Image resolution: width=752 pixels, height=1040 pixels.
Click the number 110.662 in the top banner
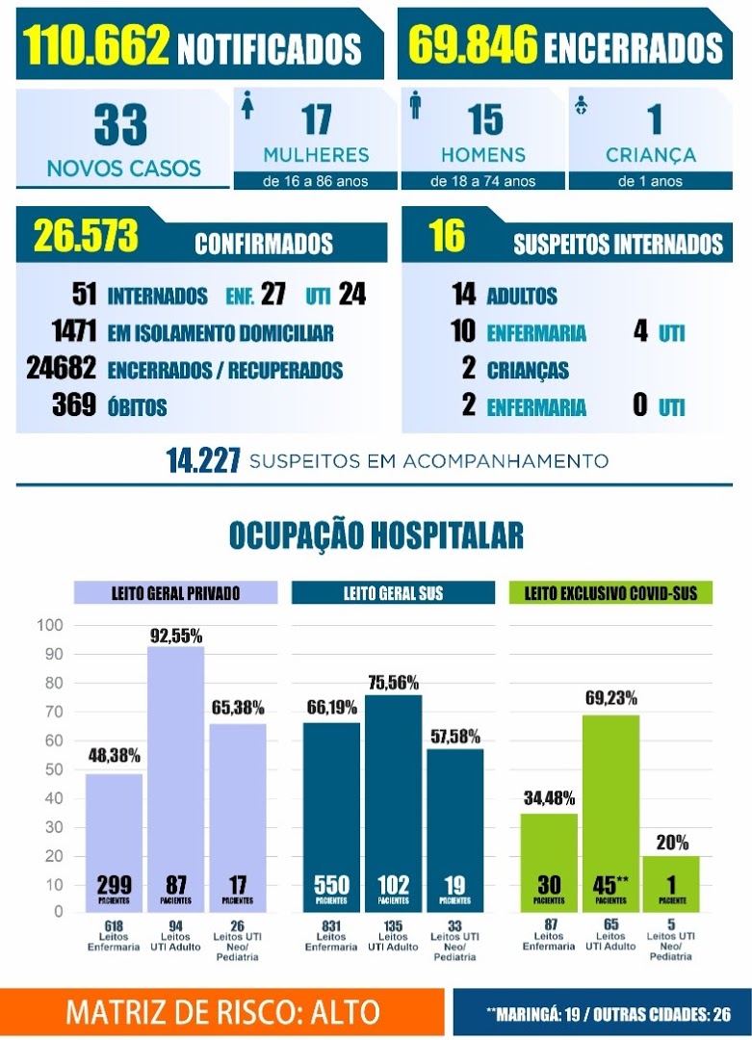tap(96, 45)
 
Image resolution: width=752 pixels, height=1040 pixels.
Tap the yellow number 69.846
tap(473, 44)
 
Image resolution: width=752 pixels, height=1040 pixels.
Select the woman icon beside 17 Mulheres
tap(248, 105)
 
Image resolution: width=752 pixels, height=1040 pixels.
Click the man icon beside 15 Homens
tap(416, 105)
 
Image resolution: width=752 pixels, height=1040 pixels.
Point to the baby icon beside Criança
tap(582, 105)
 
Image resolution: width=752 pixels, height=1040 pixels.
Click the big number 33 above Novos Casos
tap(120, 124)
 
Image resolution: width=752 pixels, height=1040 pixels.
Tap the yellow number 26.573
tap(86, 235)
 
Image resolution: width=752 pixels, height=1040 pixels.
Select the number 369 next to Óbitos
tap(74, 404)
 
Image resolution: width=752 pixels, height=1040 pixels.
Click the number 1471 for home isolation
tap(74, 330)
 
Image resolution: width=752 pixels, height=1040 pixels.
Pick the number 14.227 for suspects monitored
tap(203, 461)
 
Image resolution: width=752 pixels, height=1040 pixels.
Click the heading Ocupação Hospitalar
tap(376, 536)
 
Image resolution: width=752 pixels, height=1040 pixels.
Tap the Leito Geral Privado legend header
tap(176, 592)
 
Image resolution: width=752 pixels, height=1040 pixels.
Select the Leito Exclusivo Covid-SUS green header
tap(610, 592)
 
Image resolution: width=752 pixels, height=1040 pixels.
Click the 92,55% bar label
tap(176, 637)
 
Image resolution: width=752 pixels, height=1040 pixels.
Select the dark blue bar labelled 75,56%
tap(393, 803)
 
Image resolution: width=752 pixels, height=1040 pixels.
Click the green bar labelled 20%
tap(671, 884)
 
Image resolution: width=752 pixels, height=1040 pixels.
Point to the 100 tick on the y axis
tap(50, 625)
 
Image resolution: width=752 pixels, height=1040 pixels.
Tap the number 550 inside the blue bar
tap(331, 885)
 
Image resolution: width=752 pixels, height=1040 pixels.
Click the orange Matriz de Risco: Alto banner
tap(222, 1012)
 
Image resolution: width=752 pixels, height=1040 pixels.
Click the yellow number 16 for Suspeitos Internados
tap(447, 235)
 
